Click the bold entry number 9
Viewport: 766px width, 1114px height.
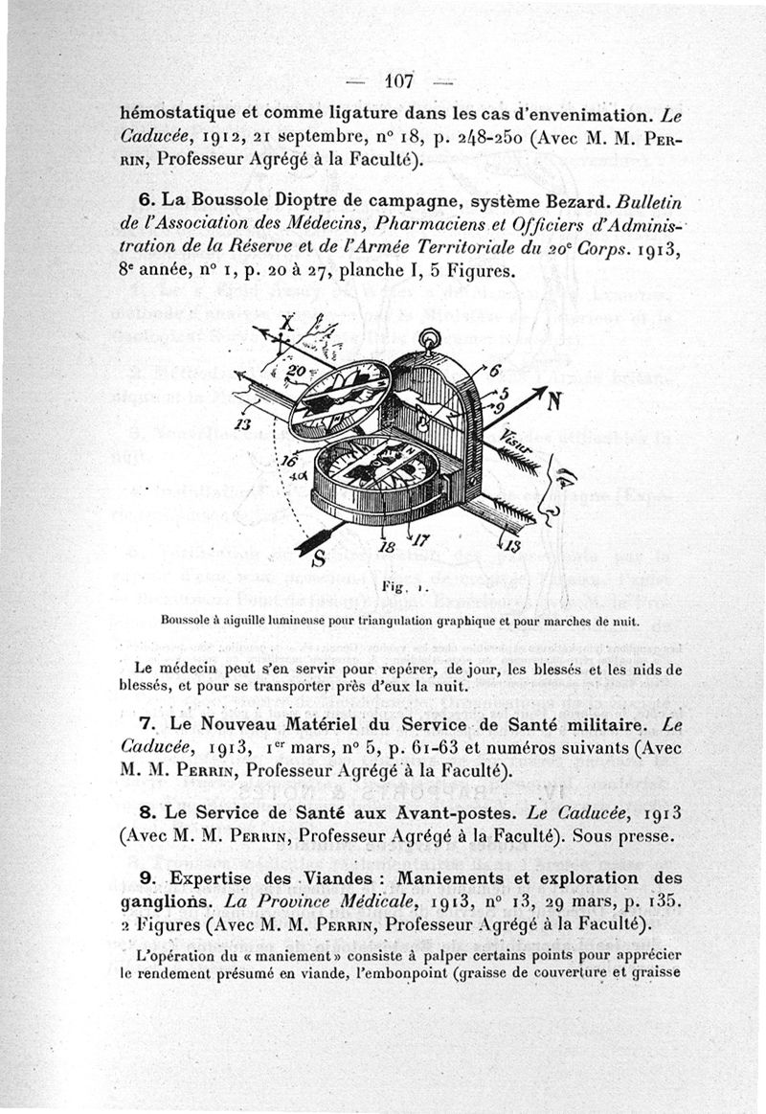click(146, 877)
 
